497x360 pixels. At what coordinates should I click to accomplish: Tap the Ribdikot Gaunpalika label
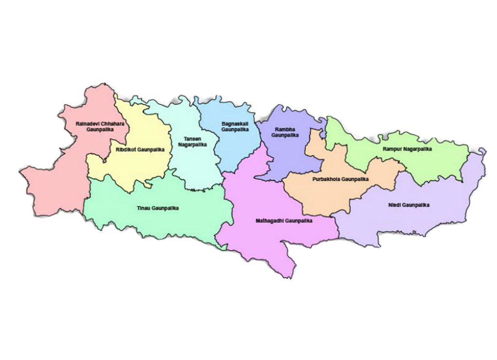tap(140, 149)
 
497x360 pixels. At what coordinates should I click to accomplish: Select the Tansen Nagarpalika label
tap(192, 141)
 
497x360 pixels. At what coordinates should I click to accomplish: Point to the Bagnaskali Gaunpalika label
tap(235, 127)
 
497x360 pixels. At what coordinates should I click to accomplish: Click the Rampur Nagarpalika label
tap(407, 149)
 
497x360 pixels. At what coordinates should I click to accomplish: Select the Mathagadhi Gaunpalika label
tap(284, 220)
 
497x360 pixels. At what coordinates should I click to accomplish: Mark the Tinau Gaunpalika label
tap(157, 208)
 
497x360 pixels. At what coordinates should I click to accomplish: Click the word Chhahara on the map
tap(113, 124)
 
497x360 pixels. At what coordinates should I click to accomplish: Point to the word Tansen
tap(192, 138)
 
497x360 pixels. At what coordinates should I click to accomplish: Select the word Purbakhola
tap(326, 179)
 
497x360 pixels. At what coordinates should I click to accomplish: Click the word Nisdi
tap(394, 205)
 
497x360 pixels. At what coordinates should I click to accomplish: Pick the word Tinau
tap(143, 208)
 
